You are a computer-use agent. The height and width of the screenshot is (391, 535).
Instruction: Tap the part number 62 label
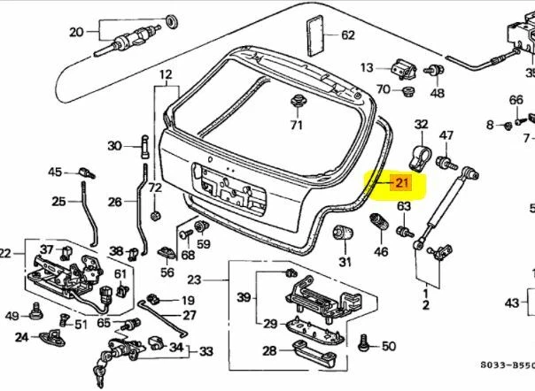[x=347, y=35]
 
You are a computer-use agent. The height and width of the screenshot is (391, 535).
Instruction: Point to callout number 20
[x=76, y=33]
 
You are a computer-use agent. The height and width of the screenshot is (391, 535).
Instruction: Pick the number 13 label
[x=367, y=67]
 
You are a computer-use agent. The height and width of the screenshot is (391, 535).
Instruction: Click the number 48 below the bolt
[x=438, y=92]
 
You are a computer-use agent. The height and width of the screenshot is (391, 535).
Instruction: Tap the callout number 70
[x=383, y=89]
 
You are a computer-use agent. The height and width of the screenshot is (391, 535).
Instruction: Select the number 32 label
[x=422, y=124]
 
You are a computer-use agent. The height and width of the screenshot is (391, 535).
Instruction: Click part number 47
[x=446, y=135]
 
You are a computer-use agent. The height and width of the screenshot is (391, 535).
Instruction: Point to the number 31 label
[x=345, y=261]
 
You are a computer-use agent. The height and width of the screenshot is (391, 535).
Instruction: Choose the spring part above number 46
[x=381, y=232]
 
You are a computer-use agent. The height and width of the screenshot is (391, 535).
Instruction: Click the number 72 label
[x=155, y=188]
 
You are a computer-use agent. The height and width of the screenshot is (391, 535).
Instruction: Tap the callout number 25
[x=58, y=202]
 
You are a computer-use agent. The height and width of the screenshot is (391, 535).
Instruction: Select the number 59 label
[x=203, y=244]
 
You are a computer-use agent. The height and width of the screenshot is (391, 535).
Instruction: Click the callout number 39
[x=244, y=296]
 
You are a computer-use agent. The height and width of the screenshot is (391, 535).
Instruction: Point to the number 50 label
[x=387, y=344]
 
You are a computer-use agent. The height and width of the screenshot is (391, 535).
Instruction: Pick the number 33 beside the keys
[x=205, y=352]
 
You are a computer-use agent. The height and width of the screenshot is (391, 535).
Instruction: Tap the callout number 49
[x=12, y=316]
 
